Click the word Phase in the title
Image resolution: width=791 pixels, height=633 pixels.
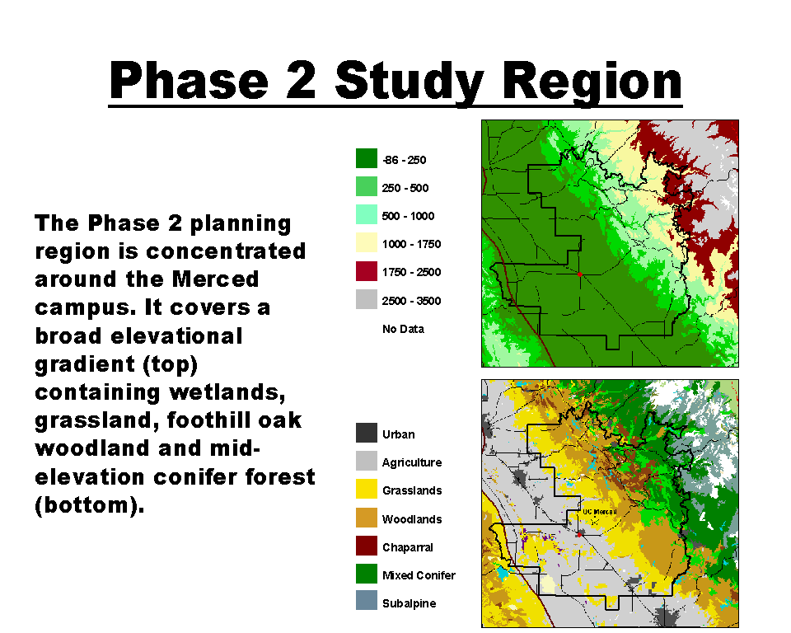pyautogui.click(x=189, y=81)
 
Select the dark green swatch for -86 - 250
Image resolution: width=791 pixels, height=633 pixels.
pyautogui.click(x=366, y=158)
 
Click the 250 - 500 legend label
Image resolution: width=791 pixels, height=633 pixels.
pyautogui.click(x=405, y=188)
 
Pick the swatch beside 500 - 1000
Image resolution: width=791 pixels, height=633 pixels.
pyautogui.click(x=366, y=214)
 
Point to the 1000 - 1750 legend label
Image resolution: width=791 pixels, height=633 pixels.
pyautogui.click(x=411, y=244)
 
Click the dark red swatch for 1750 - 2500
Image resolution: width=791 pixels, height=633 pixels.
pyautogui.click(x=366, y=271)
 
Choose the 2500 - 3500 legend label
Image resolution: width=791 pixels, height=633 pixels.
pyautogui.click(x=411, y=301)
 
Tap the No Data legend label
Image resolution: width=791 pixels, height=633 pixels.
pyautogui.click(x=403, y=329)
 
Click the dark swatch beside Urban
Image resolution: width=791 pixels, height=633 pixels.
pyautogui.click(x=366, y=433)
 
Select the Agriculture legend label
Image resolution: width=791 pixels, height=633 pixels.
pyautogui.click(x=412, y=463)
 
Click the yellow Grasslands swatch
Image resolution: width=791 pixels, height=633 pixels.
pyautogui.click(x=366, y=489)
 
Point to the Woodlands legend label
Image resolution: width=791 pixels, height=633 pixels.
pyautogui.click(x=412, y=519)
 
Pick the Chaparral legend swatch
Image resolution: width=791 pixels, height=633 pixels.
pyautogui.click(x=366, y=546)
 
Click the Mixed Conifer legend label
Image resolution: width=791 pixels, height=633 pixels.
pyautogui.click(x=419, y=575)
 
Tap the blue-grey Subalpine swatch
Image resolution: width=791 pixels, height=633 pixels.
pyautogui.click(x=366, y=600)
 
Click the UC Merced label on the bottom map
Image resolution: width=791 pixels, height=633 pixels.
pyautogui.click(x=600, y=512)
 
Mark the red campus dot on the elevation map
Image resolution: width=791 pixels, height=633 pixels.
pyautogui.click(x=580, y=274)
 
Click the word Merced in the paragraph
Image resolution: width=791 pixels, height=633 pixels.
pyautogui.click(x=215, y=279)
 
